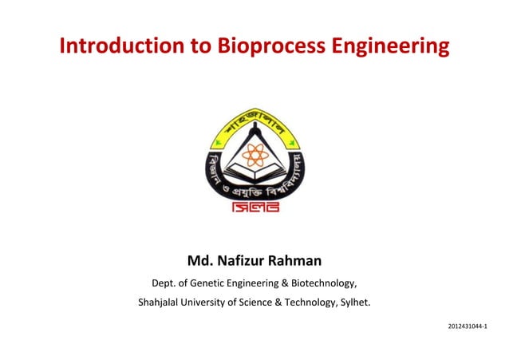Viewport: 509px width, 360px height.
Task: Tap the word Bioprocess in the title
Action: coord(265,47)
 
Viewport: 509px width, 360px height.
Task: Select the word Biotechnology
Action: coord(324,283)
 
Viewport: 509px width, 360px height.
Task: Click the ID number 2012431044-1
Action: coord(468,327)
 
